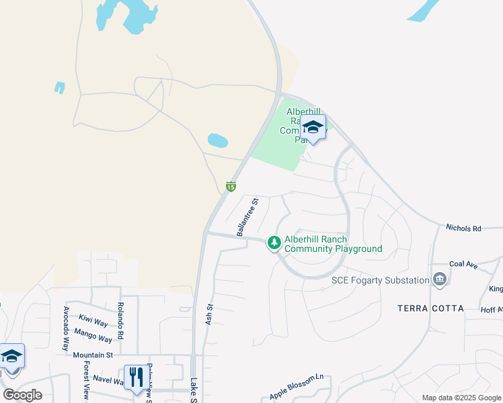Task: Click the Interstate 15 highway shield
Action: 231,186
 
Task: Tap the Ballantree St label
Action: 247,217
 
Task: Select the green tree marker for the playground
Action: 274,242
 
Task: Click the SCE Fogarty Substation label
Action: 380,280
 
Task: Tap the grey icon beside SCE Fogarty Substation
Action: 440,279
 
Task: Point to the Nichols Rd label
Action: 463,228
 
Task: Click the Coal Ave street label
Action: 463,265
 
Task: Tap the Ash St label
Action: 209,314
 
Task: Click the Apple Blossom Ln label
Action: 297,387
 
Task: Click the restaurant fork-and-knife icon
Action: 136,377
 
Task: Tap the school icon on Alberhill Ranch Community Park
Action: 313,126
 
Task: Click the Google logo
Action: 22,395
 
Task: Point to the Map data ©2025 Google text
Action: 461,398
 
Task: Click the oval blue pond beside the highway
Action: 217,140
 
